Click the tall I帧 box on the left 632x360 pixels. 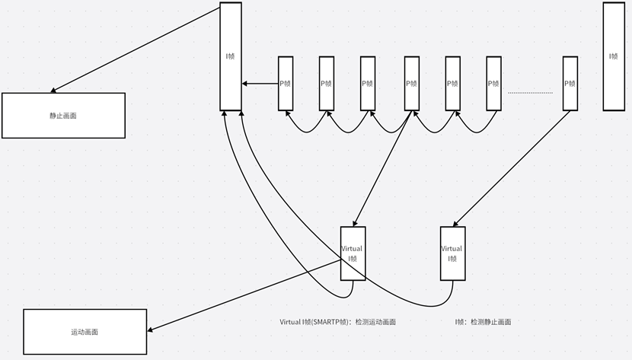pos(231,56)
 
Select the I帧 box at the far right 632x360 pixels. pos(614,56)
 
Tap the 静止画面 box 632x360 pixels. pos(63,116)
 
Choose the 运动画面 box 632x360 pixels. pos(85,333)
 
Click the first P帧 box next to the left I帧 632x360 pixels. pos(286,83)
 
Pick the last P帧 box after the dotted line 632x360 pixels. pos(570,83)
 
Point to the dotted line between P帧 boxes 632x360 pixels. pos(530,93)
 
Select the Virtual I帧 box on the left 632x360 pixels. pos(353,253)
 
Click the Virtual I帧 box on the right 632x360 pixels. pos(452,253)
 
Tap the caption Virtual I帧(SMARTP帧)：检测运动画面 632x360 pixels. pos(337,322)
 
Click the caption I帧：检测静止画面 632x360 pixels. pos(483,322)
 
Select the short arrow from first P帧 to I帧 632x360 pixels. pos(260,84)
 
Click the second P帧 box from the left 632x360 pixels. pos(327,83)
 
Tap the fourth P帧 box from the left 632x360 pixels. pos(412,83)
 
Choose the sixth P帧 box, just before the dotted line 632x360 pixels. pos(493,83)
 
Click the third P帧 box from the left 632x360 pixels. pos(368,83)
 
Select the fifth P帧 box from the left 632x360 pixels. pos(452,83)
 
